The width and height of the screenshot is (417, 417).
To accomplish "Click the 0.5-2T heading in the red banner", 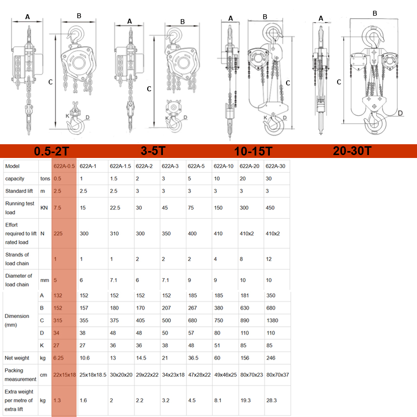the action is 52,151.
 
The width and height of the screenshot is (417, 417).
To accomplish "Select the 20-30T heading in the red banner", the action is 352,151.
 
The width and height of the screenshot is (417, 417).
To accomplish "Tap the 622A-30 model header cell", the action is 275,166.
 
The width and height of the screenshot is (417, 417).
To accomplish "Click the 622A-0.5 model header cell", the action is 64,166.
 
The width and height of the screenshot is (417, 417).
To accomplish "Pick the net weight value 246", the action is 271,358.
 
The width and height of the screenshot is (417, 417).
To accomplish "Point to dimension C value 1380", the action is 272,320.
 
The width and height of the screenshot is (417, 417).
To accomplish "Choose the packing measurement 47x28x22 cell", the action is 199,375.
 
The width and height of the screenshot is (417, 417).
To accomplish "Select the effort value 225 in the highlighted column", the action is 58,234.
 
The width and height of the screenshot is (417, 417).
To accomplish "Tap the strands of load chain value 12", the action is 269,259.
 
